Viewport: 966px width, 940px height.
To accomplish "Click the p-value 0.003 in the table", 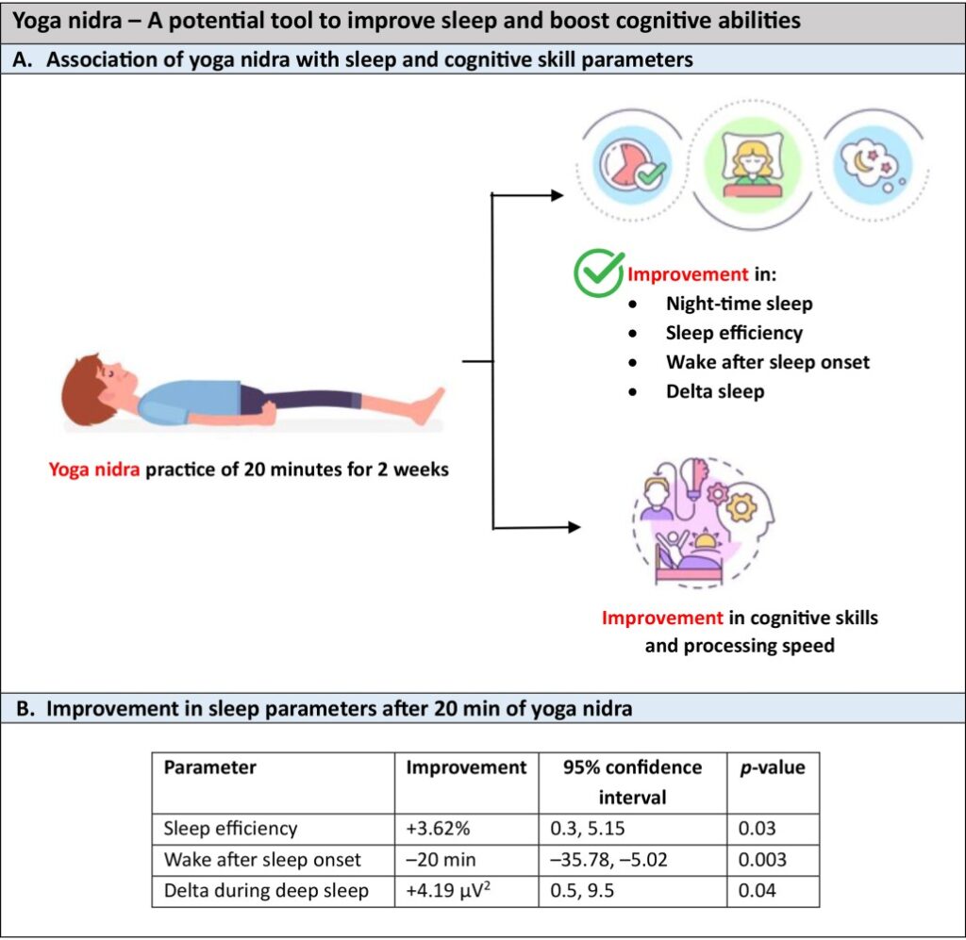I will [762, 860].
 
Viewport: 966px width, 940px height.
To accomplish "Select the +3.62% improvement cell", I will [432, 829].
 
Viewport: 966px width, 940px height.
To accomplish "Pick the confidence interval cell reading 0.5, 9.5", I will [581, 890].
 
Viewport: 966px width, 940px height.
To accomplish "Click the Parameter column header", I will [209, 767].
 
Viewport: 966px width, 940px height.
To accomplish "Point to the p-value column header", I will [772, 767].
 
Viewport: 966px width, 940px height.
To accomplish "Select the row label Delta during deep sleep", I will [266, 890].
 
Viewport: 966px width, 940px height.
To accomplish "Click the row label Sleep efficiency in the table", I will [231, 829].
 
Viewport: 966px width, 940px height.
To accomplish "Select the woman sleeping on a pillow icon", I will [745, 159].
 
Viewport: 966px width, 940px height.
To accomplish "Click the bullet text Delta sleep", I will [714, 391].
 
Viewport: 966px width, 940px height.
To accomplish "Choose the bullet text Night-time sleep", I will [739, 304].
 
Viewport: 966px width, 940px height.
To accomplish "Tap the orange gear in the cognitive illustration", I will [741, 507].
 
